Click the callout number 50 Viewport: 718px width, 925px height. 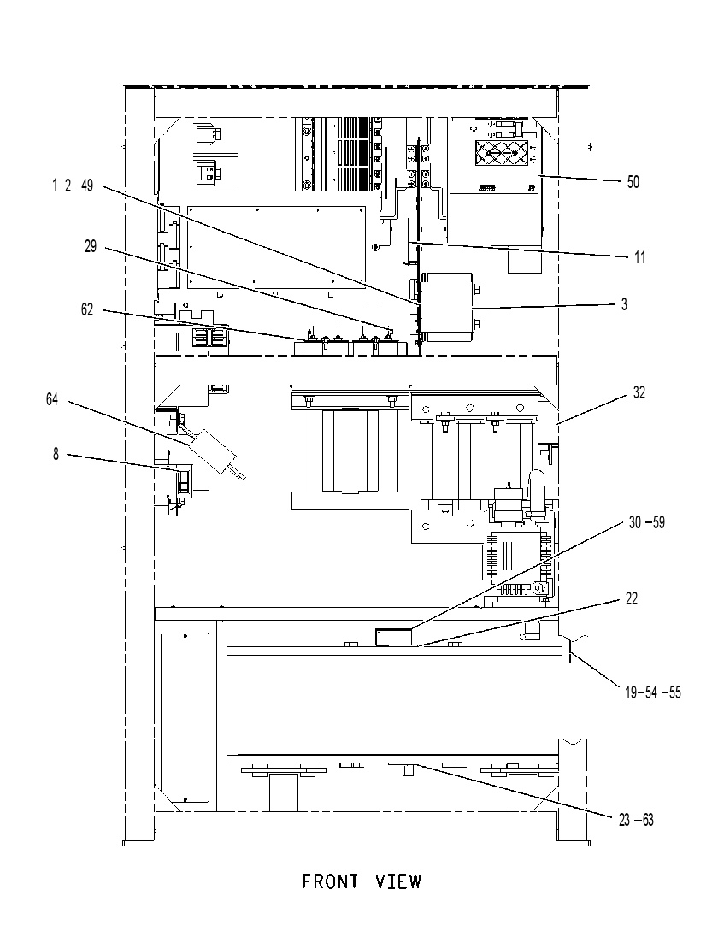click(x=633, y=182)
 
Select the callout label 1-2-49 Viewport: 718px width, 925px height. click(x=73, y=186)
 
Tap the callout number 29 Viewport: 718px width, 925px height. click(x=91, y=246)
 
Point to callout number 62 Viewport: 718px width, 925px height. click(x=87, y=309)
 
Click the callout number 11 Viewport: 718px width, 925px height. click(x=639, y=257)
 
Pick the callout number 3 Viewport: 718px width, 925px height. click(x=624, y=304)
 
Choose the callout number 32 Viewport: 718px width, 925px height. click(x=639, y=392)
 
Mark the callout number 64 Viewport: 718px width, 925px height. click(x=52, y=399)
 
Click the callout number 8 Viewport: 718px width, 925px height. click(x=56, y=454)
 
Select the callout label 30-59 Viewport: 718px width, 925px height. click(x=646, y=522)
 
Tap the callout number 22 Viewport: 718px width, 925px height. click(x=632, y=598)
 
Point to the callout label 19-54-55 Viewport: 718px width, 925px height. click(x=652, y=692)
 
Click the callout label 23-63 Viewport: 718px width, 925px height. click(x=636, y=820)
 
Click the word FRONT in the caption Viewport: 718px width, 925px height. click(x=331, y=881)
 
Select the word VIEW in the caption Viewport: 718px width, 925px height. click(x=399, y=881)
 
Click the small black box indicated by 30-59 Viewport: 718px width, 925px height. click(x=393, y=637)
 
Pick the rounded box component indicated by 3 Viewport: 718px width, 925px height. click(x=450, y=307)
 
